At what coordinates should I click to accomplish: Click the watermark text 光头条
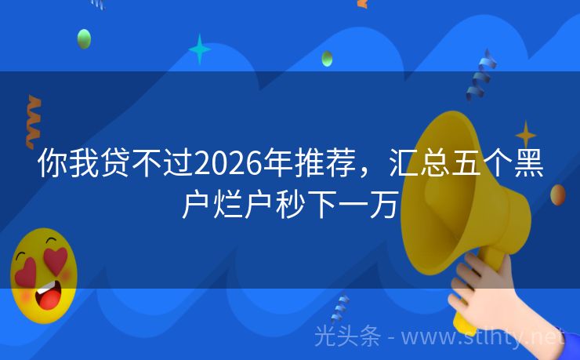347,336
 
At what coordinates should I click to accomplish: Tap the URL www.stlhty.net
494,336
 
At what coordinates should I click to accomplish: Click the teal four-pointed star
199,49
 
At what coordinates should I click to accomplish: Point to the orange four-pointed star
525,133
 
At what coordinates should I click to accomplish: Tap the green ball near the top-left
84,38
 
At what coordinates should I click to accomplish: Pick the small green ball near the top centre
327,58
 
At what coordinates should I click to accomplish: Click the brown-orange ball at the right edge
558,195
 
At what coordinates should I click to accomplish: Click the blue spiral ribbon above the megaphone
480,75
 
